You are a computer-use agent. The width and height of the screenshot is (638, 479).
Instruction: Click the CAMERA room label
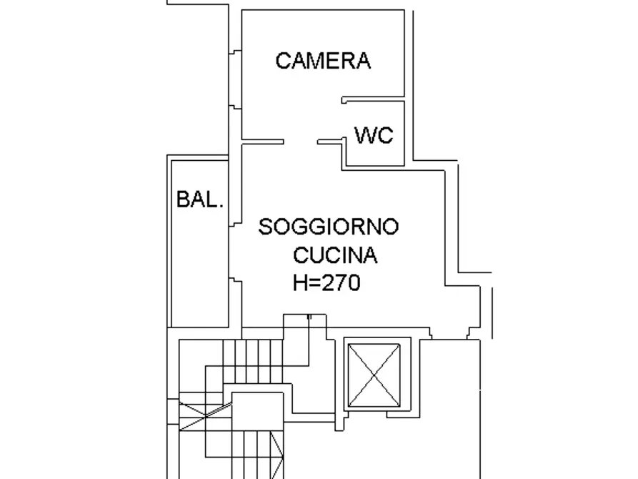[323, 61]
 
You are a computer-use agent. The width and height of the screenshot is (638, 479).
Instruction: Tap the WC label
[374, 134]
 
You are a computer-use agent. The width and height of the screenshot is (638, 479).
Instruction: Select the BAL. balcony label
[200, 200]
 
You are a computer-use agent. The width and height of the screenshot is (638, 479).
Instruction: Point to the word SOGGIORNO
[329, 227]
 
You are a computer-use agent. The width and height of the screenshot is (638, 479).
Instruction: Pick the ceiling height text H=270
[327, 283]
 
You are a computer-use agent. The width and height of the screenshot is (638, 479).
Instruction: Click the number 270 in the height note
[342, 283]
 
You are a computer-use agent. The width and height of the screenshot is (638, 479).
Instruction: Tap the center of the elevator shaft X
[373, 374]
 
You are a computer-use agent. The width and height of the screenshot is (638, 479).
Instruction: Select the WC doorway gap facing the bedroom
[344, 122]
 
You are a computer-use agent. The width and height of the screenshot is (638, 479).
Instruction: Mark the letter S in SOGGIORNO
[265, 227]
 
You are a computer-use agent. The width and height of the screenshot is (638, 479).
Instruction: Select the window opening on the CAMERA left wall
[236, 79]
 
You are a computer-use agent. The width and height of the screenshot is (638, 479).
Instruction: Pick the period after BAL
[221, 206]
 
